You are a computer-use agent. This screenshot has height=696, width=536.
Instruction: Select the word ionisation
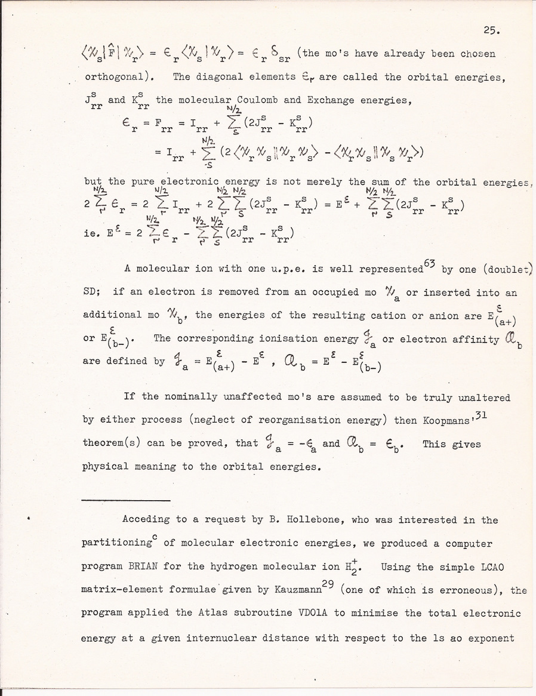click(289, 338)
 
